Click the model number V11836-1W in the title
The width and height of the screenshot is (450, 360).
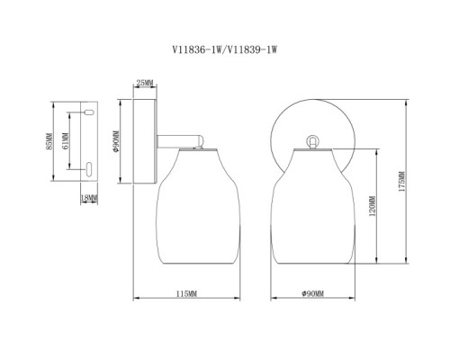(x=196, y=49)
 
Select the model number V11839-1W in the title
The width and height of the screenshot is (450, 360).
(x=252, y=49)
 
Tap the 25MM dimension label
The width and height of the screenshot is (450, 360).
(x=145, y=83)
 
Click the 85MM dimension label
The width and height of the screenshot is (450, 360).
(x=49, y=141)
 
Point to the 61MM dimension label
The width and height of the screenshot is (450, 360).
(x=66, y=140)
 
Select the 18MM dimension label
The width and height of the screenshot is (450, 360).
(x=89, y=198)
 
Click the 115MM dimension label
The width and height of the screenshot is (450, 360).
(x=186, y=293)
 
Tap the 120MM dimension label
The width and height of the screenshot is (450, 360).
(x=373, y=206)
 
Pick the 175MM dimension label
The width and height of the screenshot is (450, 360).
(x=401, y=182)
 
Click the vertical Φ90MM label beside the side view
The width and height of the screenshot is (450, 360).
(x=116, y=141)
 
